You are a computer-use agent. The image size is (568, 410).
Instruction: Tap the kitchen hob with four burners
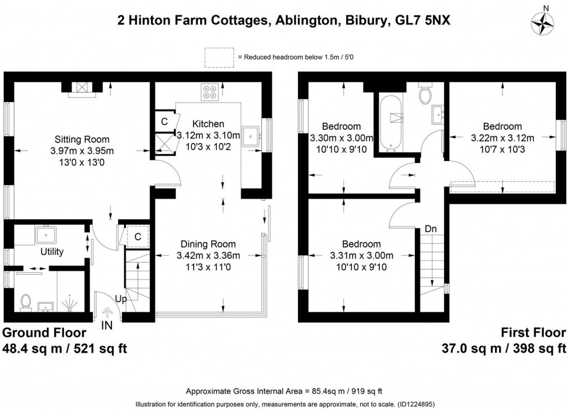(210, 92)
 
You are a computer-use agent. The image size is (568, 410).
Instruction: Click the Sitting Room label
(82, 139)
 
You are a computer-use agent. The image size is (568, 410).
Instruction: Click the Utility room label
(52, 251)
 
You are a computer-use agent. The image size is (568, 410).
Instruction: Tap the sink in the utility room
(45, 234)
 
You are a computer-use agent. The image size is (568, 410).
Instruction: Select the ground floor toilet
(26, 302)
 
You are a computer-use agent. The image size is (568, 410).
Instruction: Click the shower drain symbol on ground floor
(69, 303)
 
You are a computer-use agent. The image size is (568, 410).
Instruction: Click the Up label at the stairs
(121, 299)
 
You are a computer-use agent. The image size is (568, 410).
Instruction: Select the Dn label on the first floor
(430, 229)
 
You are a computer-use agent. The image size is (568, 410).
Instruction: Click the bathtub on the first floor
(390, 123)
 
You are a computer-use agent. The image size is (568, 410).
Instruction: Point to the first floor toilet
(425, 93)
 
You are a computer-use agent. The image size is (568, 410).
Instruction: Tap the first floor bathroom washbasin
(438, 114)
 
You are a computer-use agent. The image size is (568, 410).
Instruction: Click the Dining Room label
(209, 244)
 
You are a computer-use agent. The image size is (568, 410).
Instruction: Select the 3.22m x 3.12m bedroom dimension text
(503, 138)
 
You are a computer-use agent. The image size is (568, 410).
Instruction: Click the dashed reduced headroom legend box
(219, 58)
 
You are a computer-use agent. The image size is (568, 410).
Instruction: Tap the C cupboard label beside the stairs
(138, 237)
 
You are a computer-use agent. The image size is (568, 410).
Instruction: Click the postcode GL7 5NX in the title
(423, 21)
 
